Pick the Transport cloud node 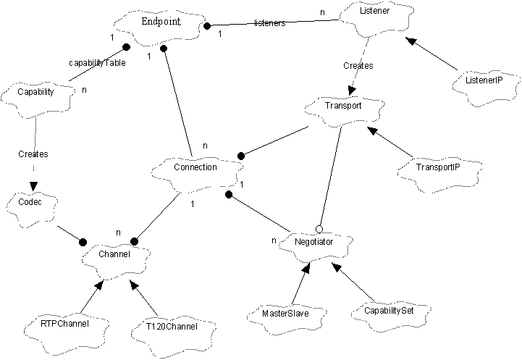pos(342,106)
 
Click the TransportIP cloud pos(438,167)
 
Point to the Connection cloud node pos(195,168)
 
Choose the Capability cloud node pos(36,93)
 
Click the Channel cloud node pos(116,256)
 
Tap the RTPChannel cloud pos(66,324)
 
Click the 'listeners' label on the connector pos(270,23)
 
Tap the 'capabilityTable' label pos(97,62)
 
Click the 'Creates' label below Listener pos(357,65)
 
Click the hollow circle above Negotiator pos(319,228)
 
